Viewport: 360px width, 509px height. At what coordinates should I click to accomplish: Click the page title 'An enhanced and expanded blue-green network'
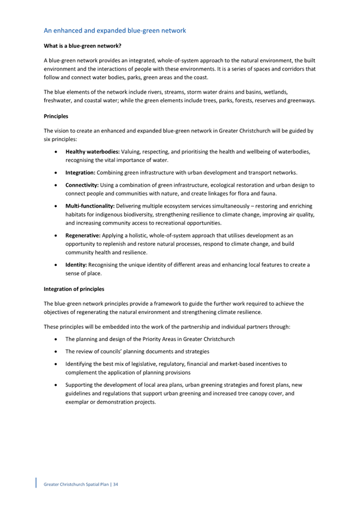point(115,31)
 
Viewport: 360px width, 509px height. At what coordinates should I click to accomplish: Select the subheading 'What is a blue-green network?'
point(82,46)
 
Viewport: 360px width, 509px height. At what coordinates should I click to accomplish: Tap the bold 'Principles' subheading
point(56,115)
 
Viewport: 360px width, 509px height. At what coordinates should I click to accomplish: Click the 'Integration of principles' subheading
point(74,289)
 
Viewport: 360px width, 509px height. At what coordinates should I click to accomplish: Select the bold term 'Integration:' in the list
point(81,173)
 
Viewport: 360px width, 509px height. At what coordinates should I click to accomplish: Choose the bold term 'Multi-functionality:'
point(90,206)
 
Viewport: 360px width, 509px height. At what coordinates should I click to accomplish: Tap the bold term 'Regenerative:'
point(84,235)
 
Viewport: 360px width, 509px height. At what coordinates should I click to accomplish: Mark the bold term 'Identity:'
point(76,264)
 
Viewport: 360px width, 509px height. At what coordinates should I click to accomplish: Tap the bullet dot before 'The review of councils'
point(57,352)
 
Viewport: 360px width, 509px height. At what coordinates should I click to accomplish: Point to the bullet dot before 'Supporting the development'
point(57,385)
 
